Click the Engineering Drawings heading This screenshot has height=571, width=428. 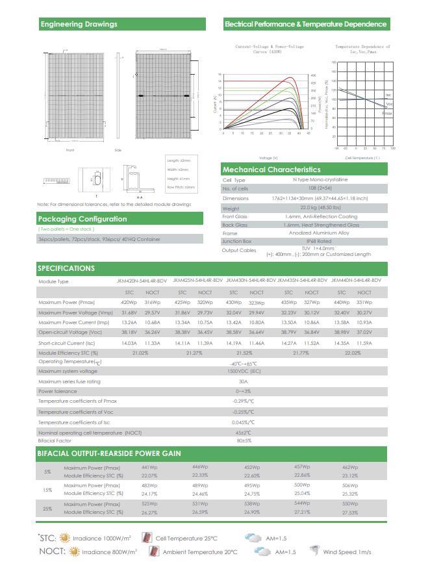click(79, 24)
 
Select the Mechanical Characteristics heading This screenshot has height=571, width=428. click(271, 170)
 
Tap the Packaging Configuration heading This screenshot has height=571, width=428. click(82, 219)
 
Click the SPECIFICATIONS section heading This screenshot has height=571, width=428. click(66, 268)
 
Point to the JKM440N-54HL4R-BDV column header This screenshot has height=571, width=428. click(356, 281)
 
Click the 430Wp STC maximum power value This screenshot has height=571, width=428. click(233, 303)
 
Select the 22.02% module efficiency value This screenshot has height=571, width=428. click(353, 353)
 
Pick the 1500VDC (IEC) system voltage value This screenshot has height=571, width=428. click(244, 371)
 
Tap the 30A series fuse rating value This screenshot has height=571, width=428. click(244, 381)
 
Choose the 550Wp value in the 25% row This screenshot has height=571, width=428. click(350, 504)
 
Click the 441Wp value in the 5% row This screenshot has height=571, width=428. click(149, 467)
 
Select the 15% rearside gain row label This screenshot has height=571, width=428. click(47, 490)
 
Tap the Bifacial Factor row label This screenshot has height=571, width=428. click(55, 440)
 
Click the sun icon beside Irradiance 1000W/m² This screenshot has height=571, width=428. click(64, 538)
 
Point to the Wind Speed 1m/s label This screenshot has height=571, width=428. click(347, 552)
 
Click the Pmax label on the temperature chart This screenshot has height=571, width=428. click(387, 112)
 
